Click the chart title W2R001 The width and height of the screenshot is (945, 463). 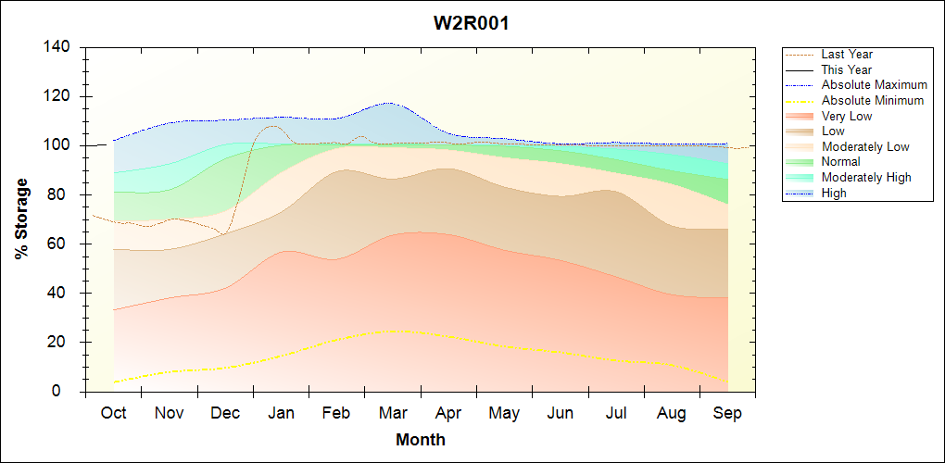(x=472, y=23)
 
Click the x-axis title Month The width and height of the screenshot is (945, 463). (x=421, y=439)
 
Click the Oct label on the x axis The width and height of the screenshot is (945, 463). (x=114, y=413)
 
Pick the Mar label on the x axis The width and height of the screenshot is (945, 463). (x=393, y=413)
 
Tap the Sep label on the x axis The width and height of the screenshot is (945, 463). (x=727, y=413)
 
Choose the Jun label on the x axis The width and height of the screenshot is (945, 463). (x=560, y=413)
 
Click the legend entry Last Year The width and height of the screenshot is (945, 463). (x=847, y=55)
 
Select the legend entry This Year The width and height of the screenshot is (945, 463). (x=847, y=69)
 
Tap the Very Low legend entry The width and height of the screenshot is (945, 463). (x=847, y=116)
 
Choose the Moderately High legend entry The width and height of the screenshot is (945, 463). (x=866, y=177)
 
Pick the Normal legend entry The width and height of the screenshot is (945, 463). (x=841, y=162)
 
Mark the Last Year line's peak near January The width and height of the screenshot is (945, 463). (x=271, y=126)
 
